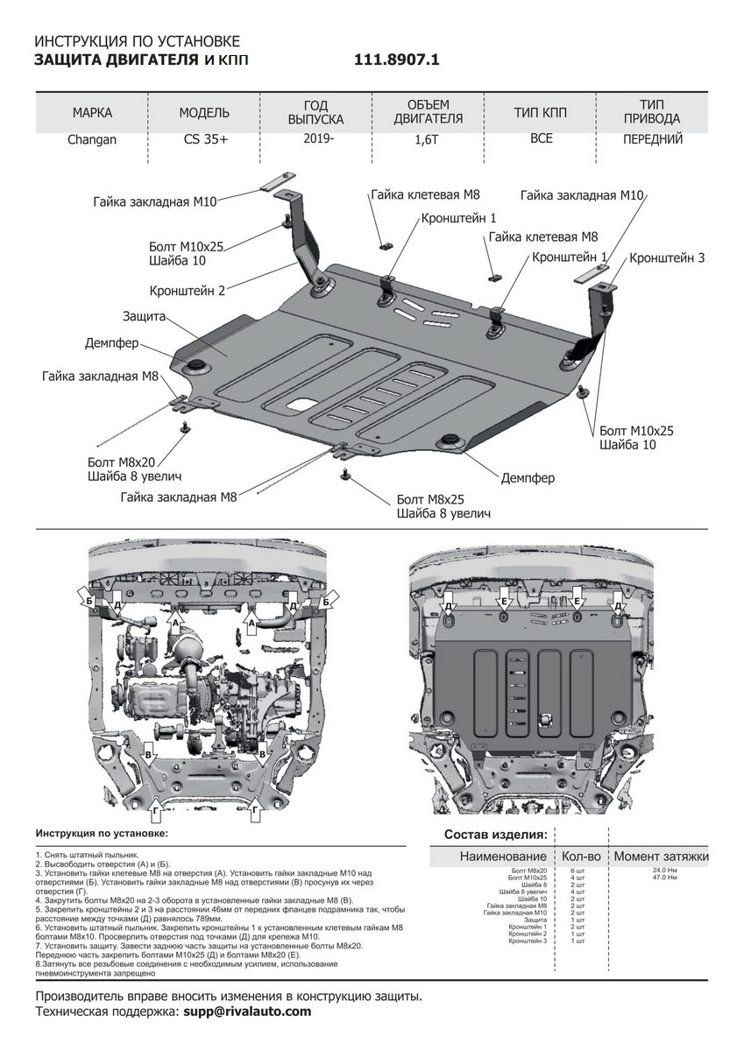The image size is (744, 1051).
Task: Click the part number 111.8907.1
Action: tap(396, 60)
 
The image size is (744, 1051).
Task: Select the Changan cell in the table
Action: tap(92, 139)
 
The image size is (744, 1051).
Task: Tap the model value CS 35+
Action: tap(203, 139)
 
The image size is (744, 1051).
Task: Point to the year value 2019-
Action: tap(318, 138)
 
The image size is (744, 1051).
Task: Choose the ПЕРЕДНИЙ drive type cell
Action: tap(652, 138)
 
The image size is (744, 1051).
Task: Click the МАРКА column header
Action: tap(92, 113)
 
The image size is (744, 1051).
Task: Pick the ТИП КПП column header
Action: tap(541, 113)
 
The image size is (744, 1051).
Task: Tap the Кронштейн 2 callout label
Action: tap(188, 290)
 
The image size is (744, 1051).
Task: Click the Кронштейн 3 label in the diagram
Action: tap(667, 258)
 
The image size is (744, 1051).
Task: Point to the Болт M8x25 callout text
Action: tap(429, 499)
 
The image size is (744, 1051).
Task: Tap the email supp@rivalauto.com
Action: tap(247, 1011)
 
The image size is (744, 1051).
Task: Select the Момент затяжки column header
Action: tap(661, 856)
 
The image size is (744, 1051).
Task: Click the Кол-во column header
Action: tap(579, 856)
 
